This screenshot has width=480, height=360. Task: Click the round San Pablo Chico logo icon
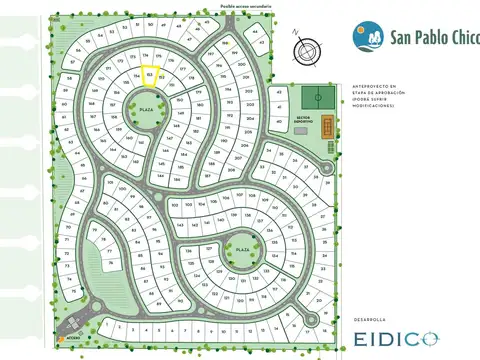point(364,36)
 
